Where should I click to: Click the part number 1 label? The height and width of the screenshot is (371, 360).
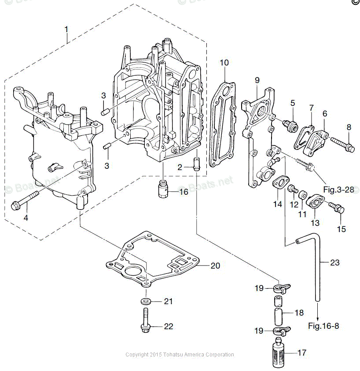66,29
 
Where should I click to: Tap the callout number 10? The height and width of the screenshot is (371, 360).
224,62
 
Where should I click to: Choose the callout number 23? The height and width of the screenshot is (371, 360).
335,262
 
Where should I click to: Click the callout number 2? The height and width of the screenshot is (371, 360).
180,167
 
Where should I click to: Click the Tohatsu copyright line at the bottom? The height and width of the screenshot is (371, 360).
180,355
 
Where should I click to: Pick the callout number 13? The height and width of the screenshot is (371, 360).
316,223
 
